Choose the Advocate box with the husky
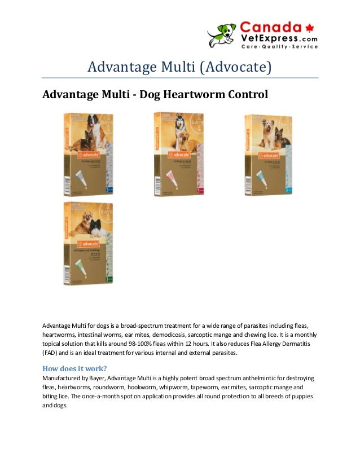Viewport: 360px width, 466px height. [x=179, y=153]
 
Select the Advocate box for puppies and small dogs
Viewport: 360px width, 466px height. [x=88, y=243]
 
